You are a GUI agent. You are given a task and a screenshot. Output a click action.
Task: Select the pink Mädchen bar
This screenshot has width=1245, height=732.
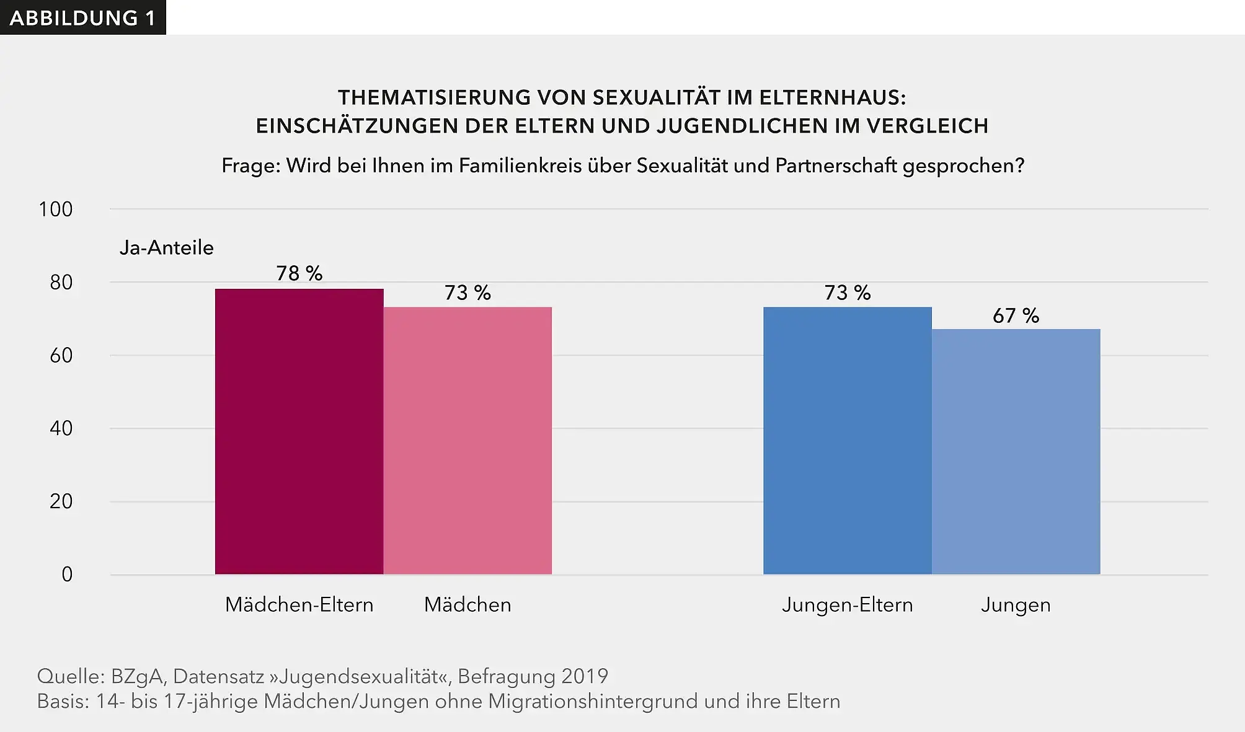[x=467, y=441]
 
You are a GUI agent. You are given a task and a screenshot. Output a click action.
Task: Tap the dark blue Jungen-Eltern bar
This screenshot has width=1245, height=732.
[x=847, y=441]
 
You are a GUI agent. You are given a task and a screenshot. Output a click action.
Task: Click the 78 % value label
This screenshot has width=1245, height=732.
[x=299, y=273]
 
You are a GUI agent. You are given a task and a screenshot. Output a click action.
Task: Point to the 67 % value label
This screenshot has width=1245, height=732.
[x=1016, y=315]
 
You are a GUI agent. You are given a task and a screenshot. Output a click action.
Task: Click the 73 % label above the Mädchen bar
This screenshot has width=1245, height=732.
[x=467, y=293]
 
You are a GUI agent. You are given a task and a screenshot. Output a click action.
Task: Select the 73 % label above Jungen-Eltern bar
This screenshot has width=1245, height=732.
[x=847, y=293]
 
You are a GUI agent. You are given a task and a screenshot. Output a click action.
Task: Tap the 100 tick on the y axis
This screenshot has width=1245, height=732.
[x=56, y=209]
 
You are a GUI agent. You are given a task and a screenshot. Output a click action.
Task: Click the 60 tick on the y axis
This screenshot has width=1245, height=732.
[x=61, y=356]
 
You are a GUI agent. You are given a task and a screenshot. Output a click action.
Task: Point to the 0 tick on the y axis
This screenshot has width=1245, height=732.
[x=67, y=575]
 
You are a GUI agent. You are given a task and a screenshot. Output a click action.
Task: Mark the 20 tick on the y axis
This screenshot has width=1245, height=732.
[x=61, y=501]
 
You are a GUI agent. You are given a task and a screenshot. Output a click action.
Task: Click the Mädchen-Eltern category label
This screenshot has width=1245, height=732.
[x=299, y=604]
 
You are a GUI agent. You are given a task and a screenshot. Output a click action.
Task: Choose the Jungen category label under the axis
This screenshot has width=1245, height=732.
[x=1016, y=604]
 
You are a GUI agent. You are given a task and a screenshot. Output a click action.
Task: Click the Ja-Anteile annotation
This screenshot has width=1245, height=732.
[x=166, y=248]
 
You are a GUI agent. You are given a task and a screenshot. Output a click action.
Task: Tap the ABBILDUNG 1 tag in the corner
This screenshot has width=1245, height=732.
[x=82, y=18]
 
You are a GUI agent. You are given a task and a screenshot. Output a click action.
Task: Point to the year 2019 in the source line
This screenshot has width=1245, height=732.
[x=584, y=676]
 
